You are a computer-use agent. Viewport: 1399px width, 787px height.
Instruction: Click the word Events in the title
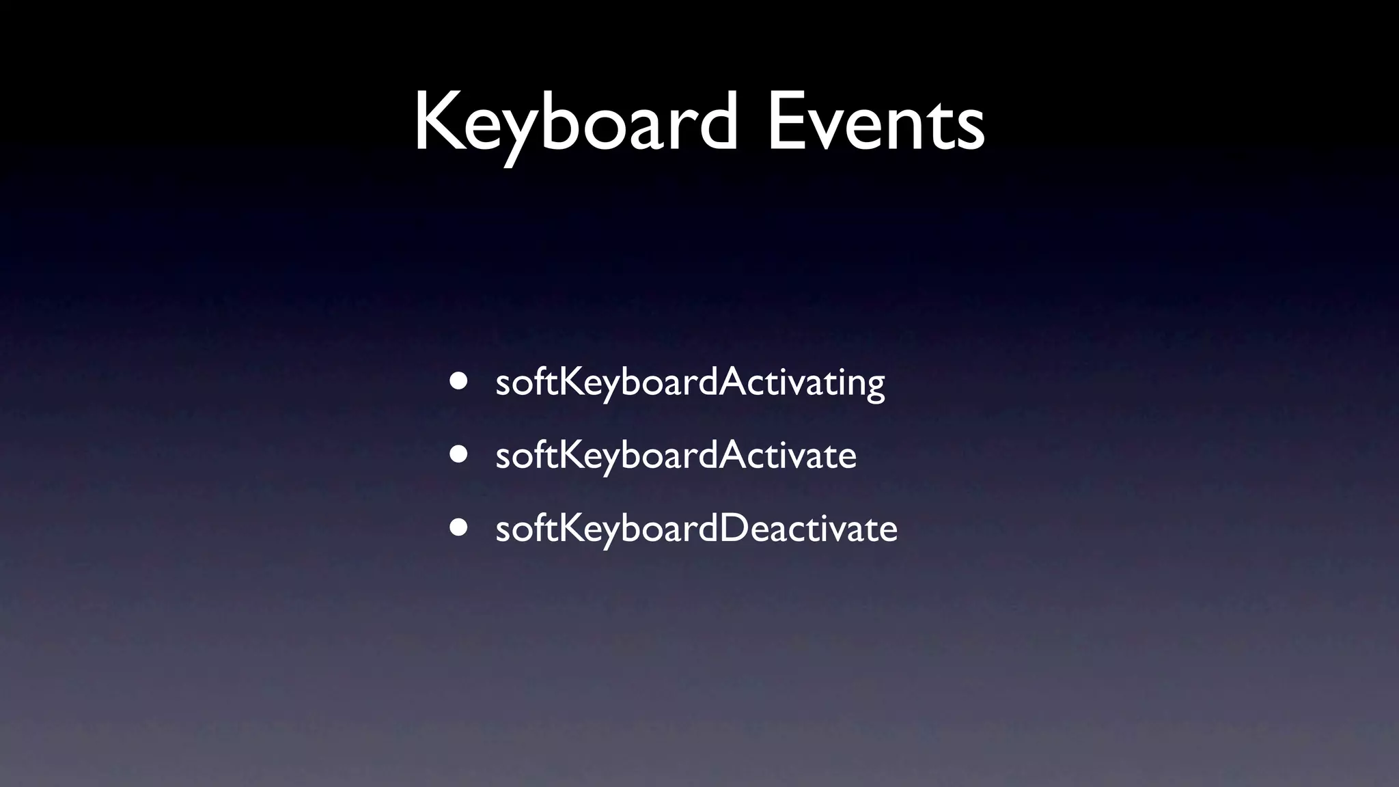876,123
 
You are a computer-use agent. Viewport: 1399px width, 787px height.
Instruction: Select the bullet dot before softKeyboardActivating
458,381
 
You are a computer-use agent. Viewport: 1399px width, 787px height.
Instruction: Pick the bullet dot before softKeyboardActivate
458,454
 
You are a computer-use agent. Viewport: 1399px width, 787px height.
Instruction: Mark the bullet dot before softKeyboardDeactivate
458,527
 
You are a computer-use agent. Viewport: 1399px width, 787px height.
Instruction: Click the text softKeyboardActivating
690,382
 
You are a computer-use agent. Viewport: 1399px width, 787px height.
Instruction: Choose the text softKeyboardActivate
676,456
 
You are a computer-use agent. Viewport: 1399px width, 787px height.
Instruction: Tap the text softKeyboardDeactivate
696,529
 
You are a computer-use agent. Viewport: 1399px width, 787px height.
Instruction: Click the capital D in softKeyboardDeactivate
736,528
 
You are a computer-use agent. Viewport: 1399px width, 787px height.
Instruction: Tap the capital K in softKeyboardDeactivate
571,528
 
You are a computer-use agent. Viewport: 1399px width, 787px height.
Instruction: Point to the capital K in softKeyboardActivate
571,455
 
